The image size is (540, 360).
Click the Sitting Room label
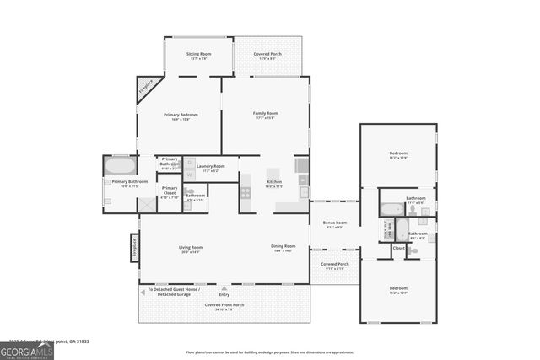click(198, 54)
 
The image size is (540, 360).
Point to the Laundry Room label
click(210, 167)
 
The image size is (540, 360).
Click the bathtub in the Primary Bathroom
click(119, 165)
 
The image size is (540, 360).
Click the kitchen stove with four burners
click(246, 192)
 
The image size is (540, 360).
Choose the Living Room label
click(190, 247)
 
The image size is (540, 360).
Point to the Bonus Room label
click(335, 223)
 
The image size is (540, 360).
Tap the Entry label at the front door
click(224, 294)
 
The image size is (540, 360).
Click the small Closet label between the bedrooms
click(398, 248)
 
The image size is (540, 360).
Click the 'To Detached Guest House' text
click(174, 291)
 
